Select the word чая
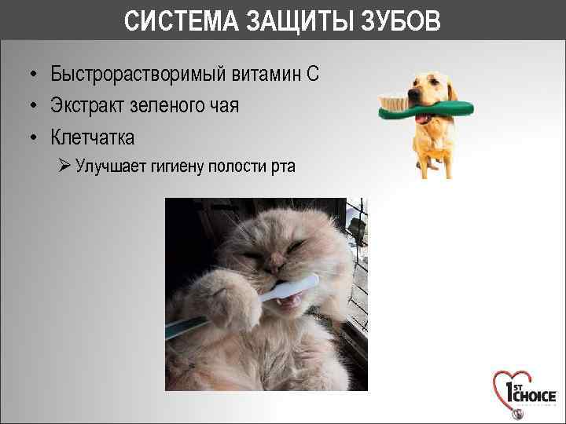click(x=221, y=106)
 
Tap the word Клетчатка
click(x=93, y=137)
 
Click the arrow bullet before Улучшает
click(x=65, y=166)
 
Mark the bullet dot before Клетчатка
click(x=35, y=138)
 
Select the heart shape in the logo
click(x=507, y=388)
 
